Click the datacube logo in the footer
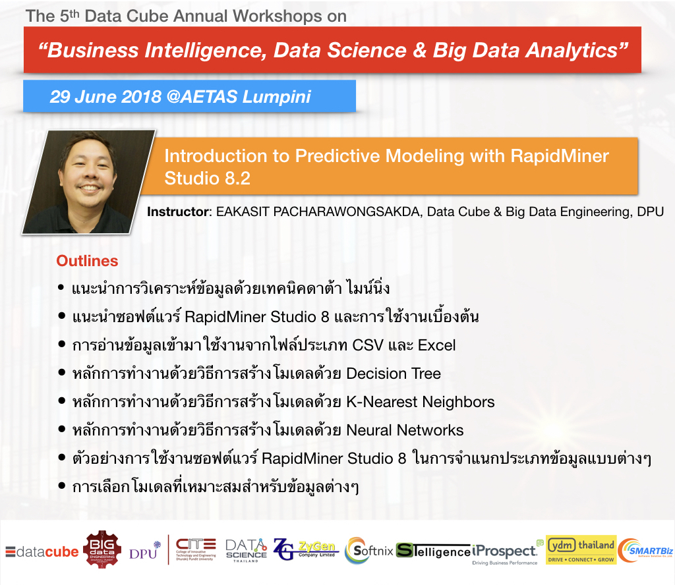42,551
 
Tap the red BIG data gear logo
102,549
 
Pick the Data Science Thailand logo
247,550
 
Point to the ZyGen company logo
306,549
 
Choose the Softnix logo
369,550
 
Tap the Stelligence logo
433,551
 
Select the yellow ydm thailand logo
581,549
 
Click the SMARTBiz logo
645,550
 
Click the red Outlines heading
87,261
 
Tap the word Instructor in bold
178,211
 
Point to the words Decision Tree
394,374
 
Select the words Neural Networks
405,430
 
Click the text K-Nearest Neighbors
421,402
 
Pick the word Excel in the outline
436,345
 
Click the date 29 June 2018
105,96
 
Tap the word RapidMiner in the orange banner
560,155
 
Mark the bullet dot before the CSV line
61,344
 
